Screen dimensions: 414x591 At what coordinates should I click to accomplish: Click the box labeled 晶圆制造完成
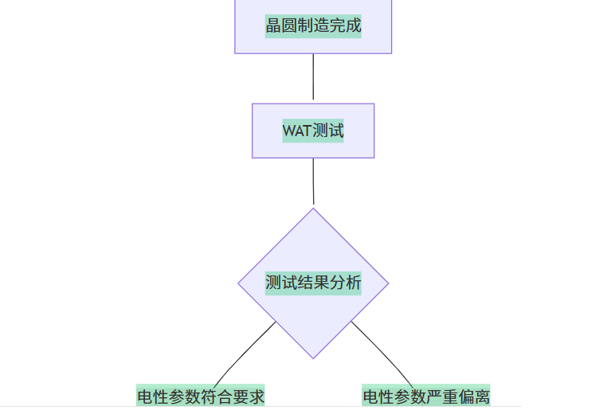(x=313, y=25)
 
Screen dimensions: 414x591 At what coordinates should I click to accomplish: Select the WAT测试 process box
(x=313, y=131)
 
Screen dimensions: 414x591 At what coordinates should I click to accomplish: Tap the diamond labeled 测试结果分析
(x=313, y=283)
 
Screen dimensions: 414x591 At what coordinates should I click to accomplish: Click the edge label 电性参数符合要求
(x=201, y=396)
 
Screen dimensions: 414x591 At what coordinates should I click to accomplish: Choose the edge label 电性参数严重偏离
(x=426, y=396)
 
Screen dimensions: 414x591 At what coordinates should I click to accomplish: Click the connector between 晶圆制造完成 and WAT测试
(x=313, y=78)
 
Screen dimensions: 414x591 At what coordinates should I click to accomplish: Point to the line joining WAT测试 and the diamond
(x=313, y=182)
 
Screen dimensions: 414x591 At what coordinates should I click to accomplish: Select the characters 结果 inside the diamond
(x=313, y=283)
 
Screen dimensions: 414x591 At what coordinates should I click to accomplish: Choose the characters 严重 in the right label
(x=442, y=396)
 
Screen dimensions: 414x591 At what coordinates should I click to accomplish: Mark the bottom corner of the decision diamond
(x=313, y=357)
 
